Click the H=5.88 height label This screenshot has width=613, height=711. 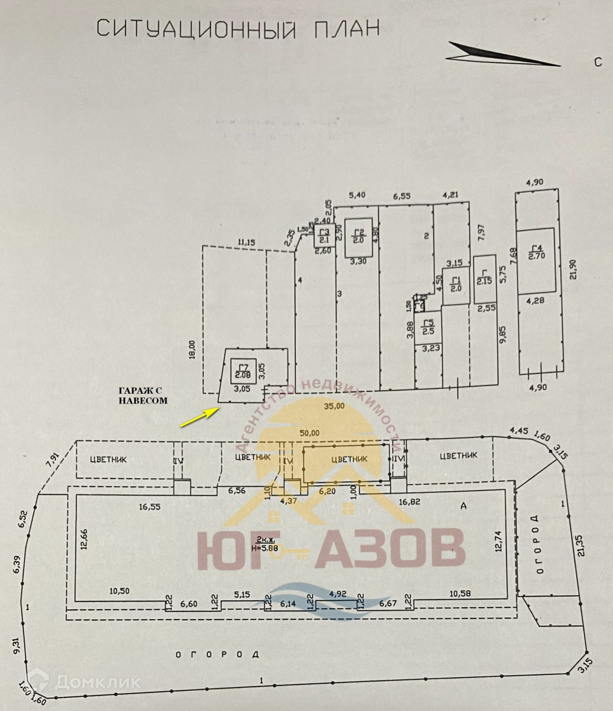click(265, 547)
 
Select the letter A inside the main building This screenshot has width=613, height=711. click(463, 506)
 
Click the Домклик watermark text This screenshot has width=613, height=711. click(97, 682)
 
